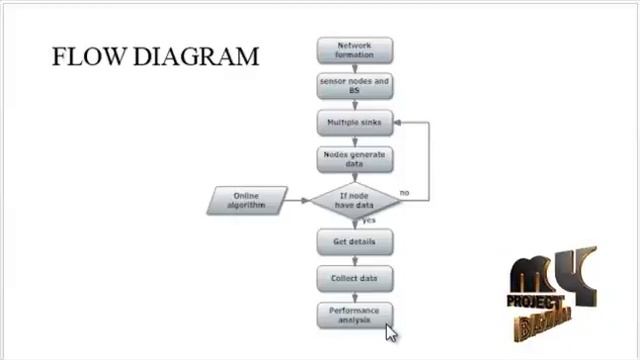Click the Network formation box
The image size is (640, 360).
354,50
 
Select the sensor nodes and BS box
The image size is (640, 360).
354,85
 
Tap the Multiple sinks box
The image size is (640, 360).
354,123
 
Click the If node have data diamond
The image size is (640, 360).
355,200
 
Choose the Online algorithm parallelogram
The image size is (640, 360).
248,201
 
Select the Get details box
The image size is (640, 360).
354,242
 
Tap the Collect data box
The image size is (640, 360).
354,278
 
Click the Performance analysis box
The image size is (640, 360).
354,315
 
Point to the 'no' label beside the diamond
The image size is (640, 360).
404,192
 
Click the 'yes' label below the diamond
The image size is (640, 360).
369,220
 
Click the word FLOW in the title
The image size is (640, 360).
87,56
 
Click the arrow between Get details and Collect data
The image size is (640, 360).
354,260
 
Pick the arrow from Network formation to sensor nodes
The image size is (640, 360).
354,68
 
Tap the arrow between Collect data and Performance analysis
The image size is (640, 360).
354,297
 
